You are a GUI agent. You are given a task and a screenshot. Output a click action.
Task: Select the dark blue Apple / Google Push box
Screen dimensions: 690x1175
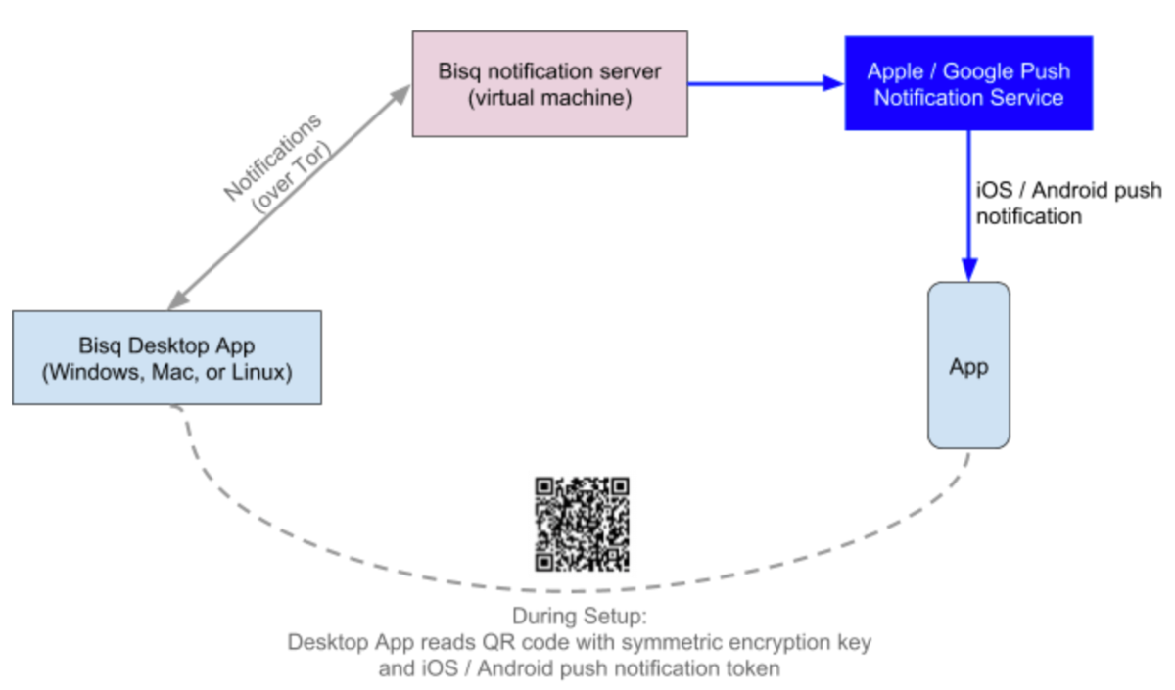pyautogui.click(x=968, y=84)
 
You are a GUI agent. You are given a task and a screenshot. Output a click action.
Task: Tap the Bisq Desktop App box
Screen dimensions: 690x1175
pyautogui.click(x=166, y=357)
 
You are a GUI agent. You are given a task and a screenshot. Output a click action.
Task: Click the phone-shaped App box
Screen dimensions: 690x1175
pyautogui.click(x=968, y=366)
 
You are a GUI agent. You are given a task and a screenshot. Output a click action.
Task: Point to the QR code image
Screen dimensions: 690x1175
pyautogui.click(x=582, y=524)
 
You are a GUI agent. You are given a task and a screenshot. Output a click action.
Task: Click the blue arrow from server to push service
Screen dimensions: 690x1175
pyautogui.click(x=764, y=84)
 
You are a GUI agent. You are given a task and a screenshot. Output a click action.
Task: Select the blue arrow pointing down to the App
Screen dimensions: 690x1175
pyautogui.click(x=968, y=206)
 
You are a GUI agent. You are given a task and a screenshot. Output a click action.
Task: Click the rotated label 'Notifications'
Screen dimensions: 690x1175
pyautogui.click(x=271, y=158)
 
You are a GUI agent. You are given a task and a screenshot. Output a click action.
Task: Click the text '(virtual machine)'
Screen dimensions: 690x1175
pyautogui.click(x=549, y=98)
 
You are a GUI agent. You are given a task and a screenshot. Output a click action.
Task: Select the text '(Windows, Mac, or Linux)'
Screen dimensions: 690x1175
pyautogui.click(x=166, y=372)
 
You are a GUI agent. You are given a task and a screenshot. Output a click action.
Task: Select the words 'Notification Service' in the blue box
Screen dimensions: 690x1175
pyautogui.click(x=968, y=98)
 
